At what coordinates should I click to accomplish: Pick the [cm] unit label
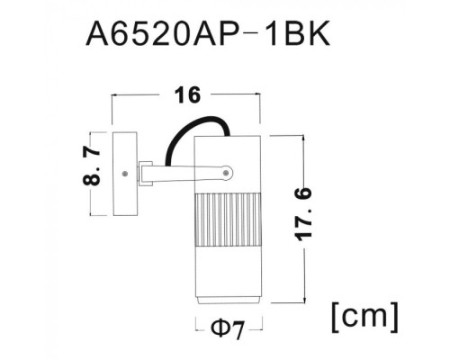tap(364, 318)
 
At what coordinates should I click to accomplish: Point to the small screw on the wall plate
tap(127, 167)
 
